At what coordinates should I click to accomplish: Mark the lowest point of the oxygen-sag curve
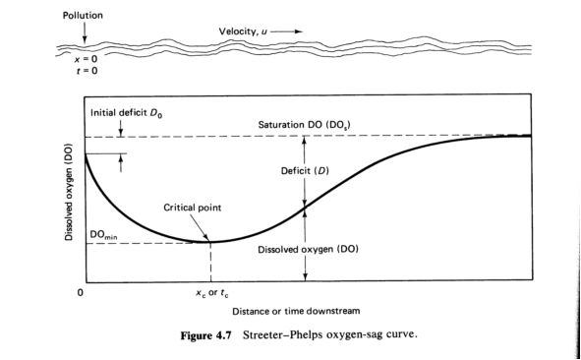point(211,242)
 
